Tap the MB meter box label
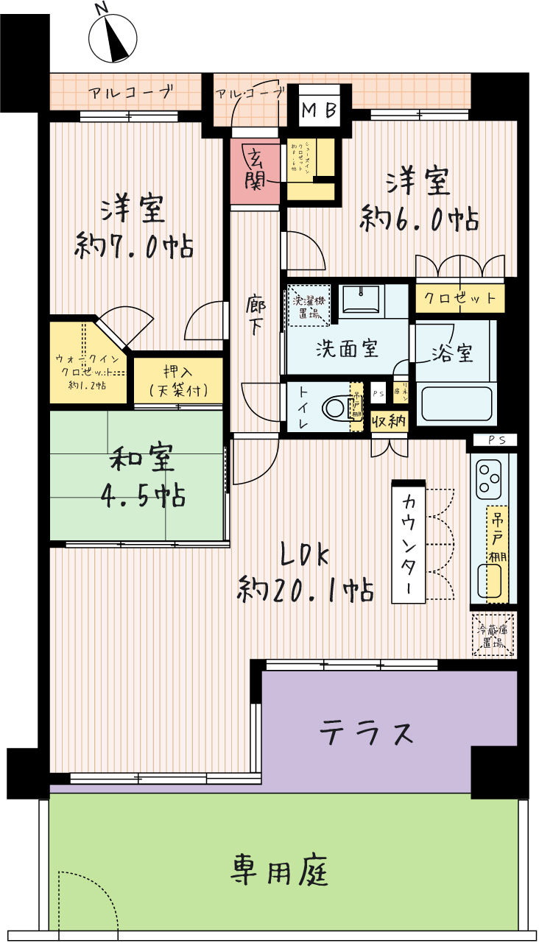click(x=320, y=111)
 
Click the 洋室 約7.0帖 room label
click(x=134, y=228)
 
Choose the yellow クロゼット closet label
click(x=460, y=298)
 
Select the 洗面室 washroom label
click(x=346, y=348)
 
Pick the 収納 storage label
click(x=389, y=422)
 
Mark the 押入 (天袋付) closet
click(x=177, y=380)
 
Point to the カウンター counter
click(x=409, y=542)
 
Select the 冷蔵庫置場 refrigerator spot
click(x=493, y=635)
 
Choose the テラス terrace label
click(x=366, y=732)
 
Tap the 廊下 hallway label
click(x=256, y=315)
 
